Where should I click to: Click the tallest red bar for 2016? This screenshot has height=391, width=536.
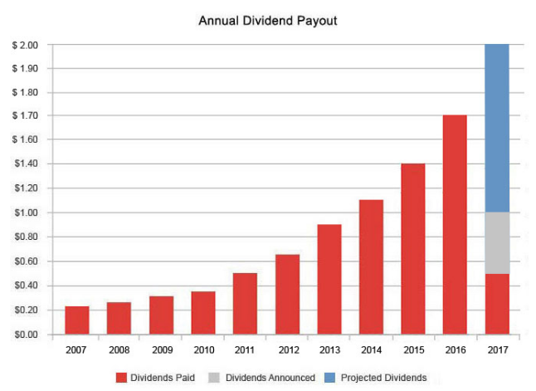point(455,225)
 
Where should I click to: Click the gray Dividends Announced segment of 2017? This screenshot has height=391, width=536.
point(496,243)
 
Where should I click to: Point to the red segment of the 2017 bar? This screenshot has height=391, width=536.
point(496,304)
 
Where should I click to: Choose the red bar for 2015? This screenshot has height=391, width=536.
point(413,249)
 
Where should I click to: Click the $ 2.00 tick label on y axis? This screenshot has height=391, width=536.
point(25,45)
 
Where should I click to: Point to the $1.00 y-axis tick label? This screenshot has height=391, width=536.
point(25,213)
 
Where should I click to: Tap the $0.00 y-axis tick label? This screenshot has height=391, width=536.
point(25,335)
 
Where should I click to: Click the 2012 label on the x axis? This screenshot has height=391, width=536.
point(287,350)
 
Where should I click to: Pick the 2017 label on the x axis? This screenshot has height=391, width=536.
point(497,350)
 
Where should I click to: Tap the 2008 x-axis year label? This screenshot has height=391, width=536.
point(119,350)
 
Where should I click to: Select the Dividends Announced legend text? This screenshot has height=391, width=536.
point(270,378)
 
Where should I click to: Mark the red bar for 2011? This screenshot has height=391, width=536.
point(245,304)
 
